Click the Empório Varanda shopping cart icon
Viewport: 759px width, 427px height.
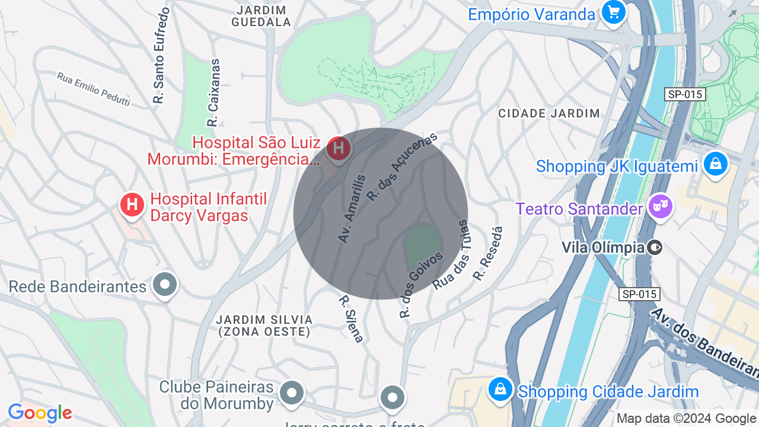pyautogui.click(x=613, y=12)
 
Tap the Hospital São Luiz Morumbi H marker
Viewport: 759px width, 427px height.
pyautogui.click(x=339, y=148)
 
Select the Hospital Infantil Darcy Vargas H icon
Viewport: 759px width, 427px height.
pyautogui.click(x=132, y=205)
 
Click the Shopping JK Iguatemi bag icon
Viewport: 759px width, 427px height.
pyautogui.click(x=715, y=164)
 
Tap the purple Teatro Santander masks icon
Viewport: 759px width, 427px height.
pyautogui.click(x=660, y=207)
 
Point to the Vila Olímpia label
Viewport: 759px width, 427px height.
pyautogui.click(x=603, y=247)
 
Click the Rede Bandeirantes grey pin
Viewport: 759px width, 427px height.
pyautogui.click(x=165, y=285)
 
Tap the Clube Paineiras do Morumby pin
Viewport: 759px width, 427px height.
pyautogui.click(x=291, y=393)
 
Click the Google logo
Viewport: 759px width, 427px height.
pyautogui.click(x=40, y=413)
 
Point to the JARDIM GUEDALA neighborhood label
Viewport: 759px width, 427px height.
pyautogui.click(x=261, y=17)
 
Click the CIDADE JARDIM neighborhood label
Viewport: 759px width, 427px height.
pyautogui.click(x=549, y=113)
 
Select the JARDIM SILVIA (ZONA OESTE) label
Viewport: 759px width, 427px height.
pyautogui.click(x=264, y=326)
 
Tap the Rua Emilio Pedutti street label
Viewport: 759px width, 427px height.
pyautogui.click(x=94, y=89)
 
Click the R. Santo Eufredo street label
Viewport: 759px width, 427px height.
pyautogui.click(x=161, y=56)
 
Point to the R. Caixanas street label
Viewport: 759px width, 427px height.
pyautogui.click(x=213, y=93)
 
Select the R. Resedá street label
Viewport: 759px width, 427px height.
pyautogui.click(x=488, y=253)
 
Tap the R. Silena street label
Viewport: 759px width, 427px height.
pyautogui.click(x=350, y=319)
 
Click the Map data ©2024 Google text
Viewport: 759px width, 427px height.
pyautogui.click(x=687, y=419)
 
